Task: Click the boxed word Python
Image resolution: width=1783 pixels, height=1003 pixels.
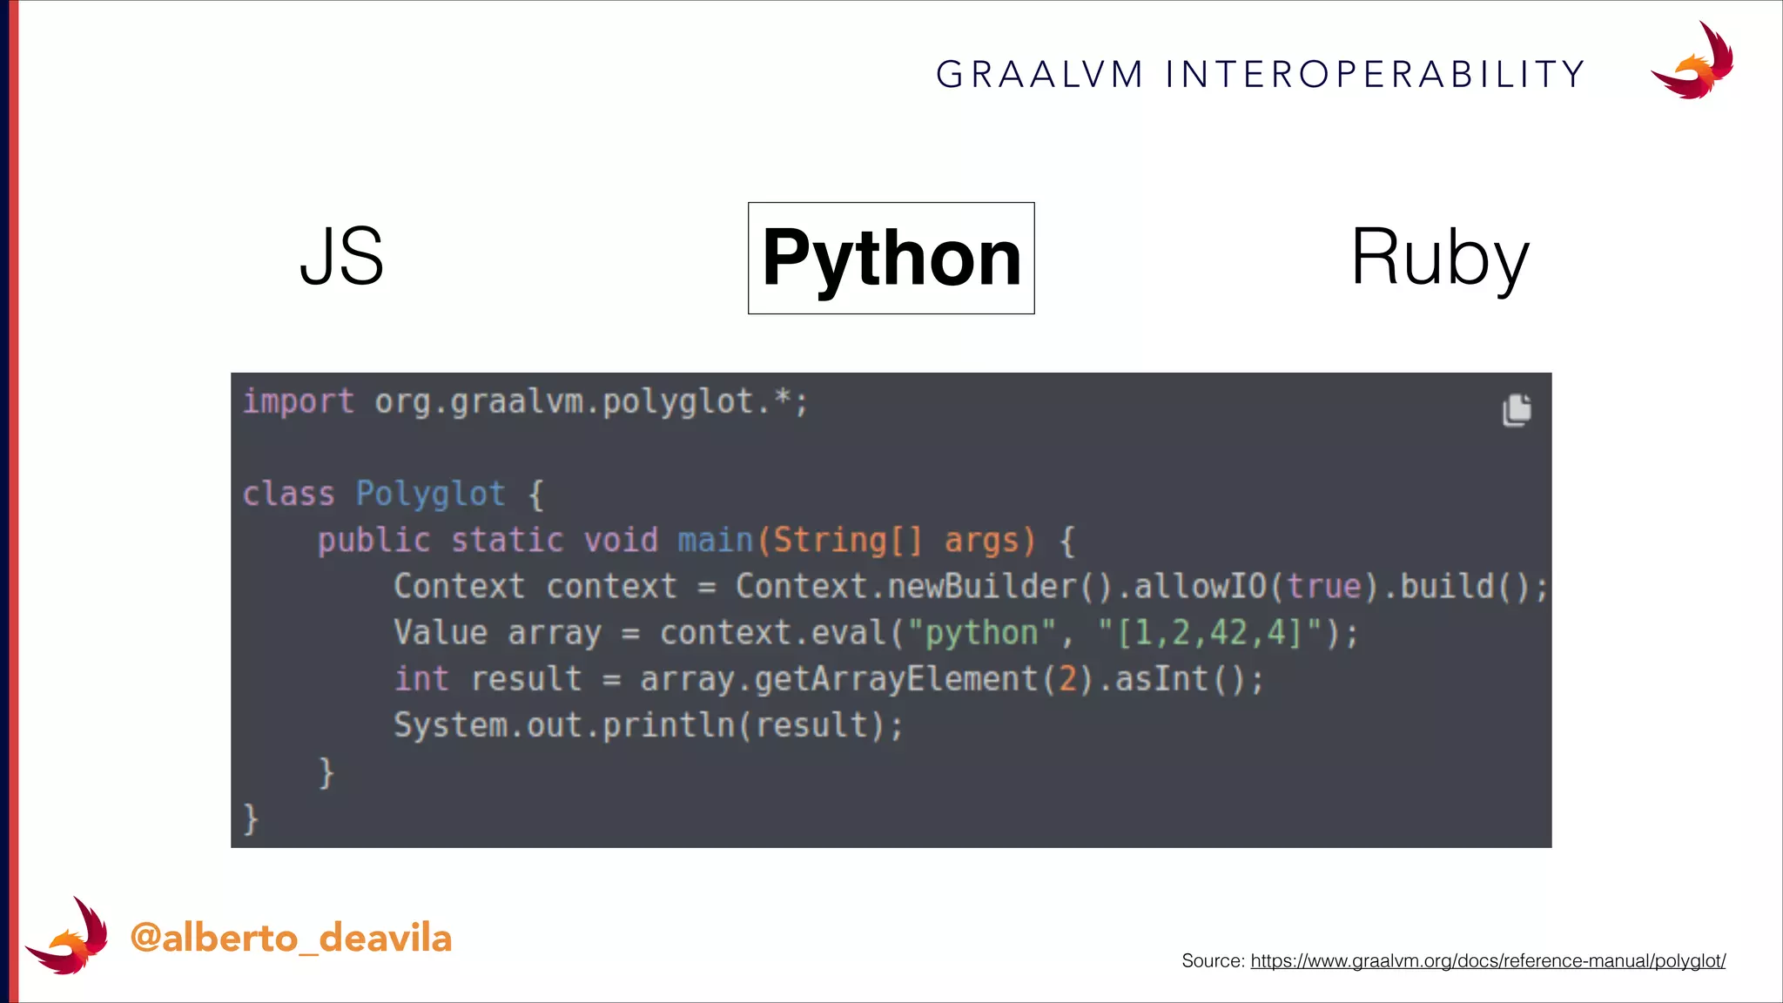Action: click(x=891, y=258)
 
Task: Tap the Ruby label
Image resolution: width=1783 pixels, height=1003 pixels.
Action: click(x=1439, y=258)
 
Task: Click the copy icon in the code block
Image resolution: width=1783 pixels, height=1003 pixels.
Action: click(x=1516, y=410)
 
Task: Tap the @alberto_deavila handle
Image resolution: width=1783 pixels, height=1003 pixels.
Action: click(x=291, y=939)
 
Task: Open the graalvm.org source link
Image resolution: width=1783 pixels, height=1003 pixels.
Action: click(x=1487, y=961)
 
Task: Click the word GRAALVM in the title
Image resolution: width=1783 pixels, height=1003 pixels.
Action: click(x=1040, y=75)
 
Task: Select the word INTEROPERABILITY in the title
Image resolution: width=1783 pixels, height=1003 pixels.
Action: click(x=1375, y=75)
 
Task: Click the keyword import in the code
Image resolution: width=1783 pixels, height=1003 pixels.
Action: click(x=298, y=402)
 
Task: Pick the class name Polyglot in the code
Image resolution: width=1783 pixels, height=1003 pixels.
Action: click(x=430, y=495)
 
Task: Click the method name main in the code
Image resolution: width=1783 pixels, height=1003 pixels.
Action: click(x=715, y=541)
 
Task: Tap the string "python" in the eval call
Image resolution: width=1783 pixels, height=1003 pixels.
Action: click(x=981, y=633)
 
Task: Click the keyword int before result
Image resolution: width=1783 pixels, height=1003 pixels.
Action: click(x=421, y=679)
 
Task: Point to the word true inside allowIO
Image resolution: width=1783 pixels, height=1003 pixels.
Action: click(x=1323, y=587)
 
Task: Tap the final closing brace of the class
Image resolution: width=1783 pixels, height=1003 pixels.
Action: click(x=251, y=819)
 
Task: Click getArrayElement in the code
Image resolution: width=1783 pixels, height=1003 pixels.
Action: click(x=896, y=679)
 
